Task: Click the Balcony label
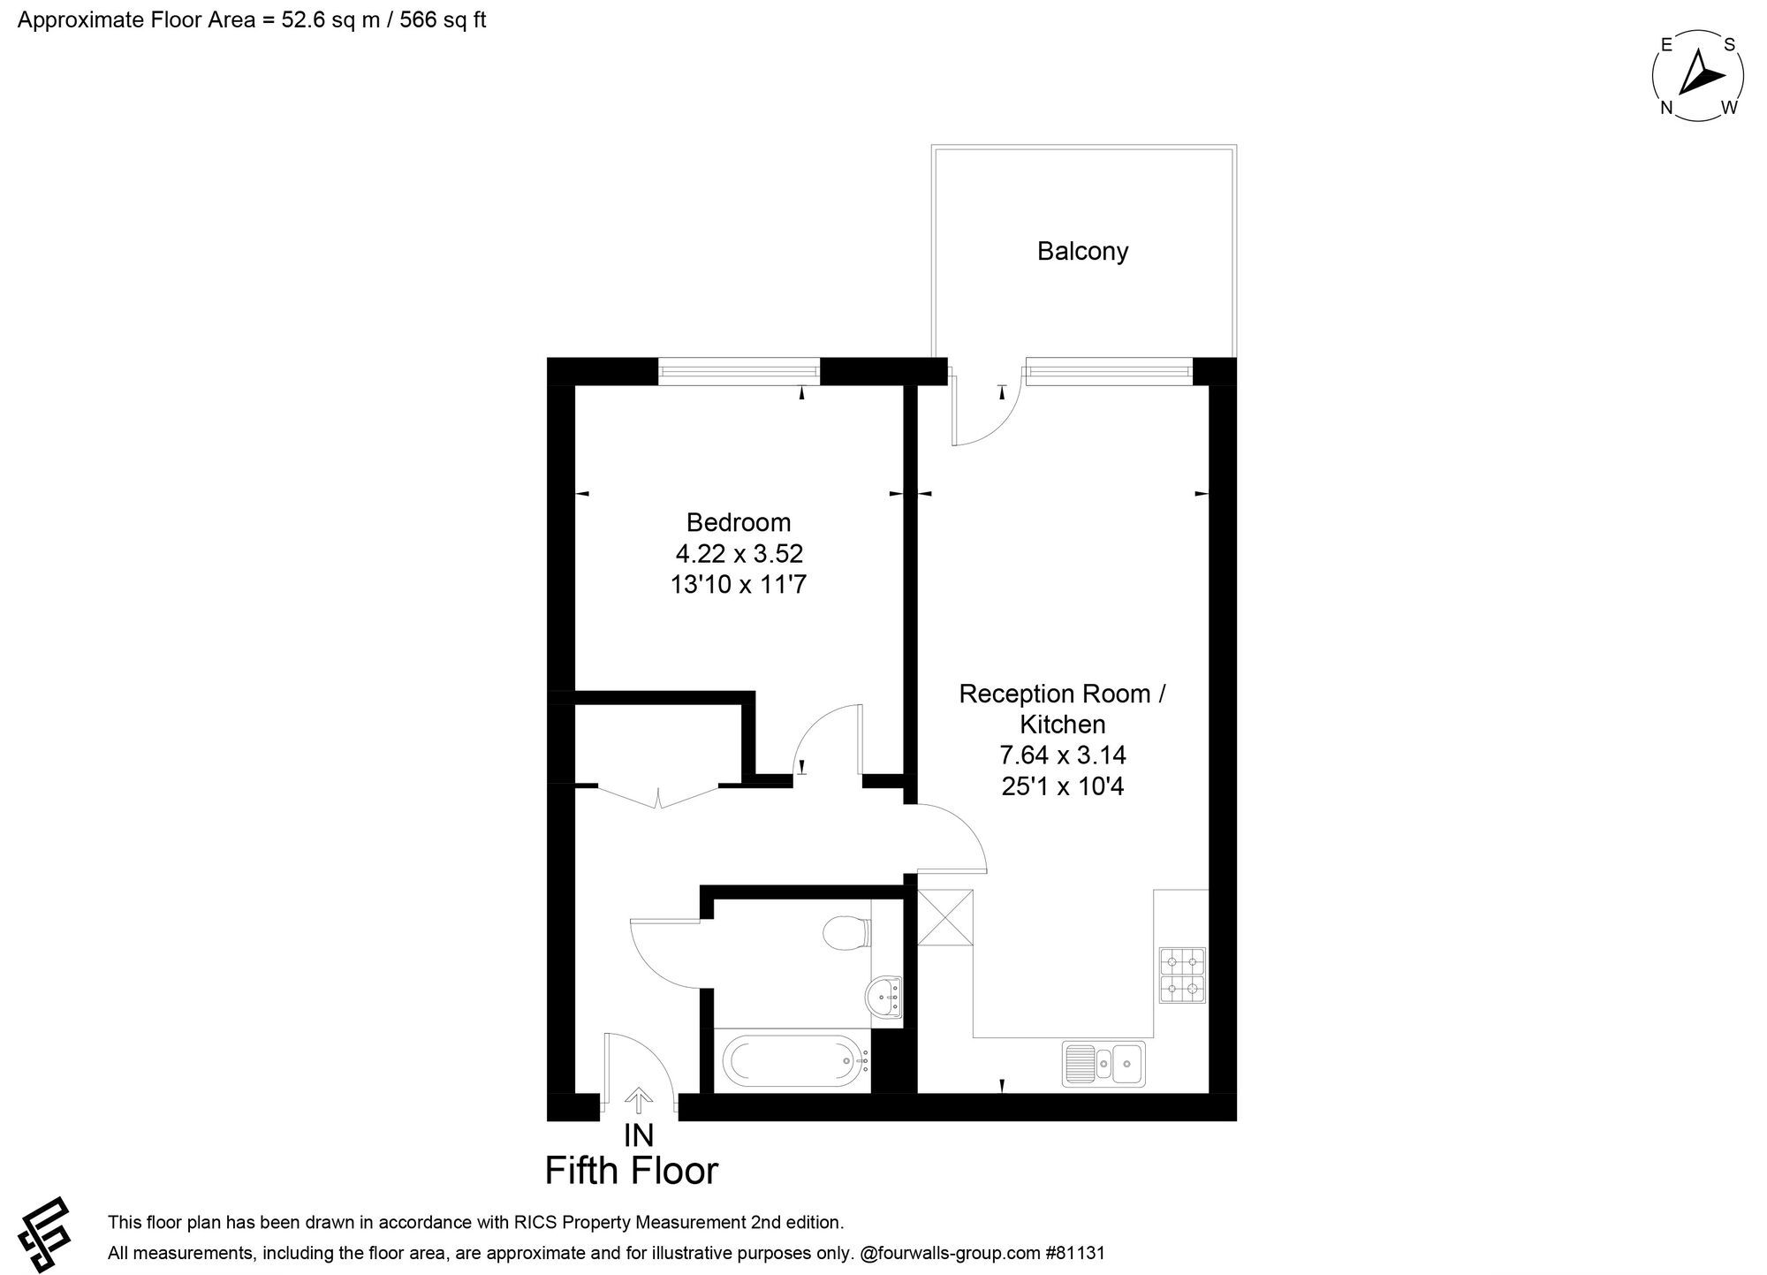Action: tap(1082, 252)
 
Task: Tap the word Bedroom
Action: tap(739, 522)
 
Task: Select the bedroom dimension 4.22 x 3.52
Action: tap(739, 554)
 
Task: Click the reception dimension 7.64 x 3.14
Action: tap(1062, 755)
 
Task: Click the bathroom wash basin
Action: tap(884, 998)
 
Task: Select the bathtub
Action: tap(795, 1060)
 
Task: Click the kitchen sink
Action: tap(1104, 1063)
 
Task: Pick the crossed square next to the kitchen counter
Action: tap(945, 917)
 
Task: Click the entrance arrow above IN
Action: tap(638, 1101)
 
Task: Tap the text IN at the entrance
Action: tap(639, 1135)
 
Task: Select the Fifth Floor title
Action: tap(632, 1171)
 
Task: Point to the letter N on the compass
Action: tap(1667, 108)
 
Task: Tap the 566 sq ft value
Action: tap(443, 20)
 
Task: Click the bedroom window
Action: tap(739, 371)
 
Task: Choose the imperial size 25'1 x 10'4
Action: tap(1062, 786)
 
